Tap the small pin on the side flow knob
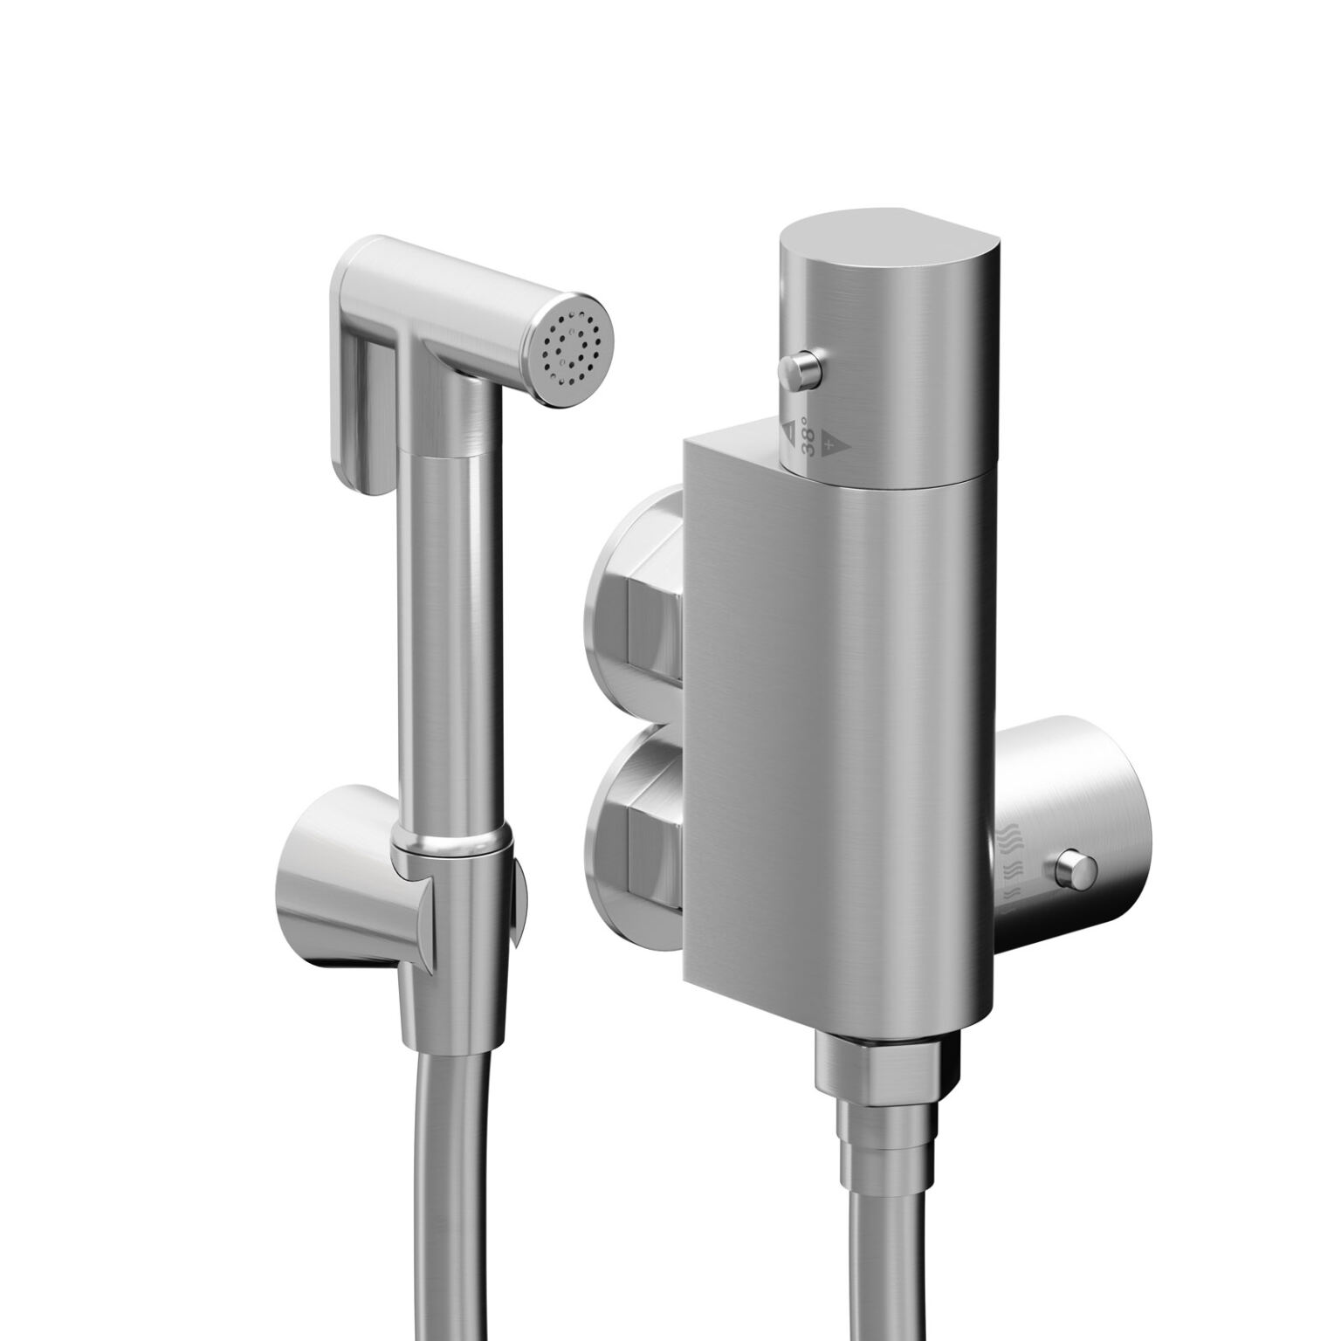[1076, 870]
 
